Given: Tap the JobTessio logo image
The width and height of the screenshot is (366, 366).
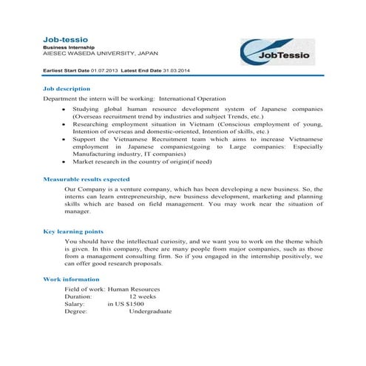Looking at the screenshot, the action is (281, 52).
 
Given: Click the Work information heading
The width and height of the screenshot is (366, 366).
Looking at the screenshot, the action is (72, 279).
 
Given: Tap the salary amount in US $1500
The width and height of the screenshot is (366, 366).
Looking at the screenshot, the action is (125, 303).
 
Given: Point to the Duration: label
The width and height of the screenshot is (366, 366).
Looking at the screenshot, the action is (78, 295).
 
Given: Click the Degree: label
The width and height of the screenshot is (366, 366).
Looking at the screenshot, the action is (76, 311).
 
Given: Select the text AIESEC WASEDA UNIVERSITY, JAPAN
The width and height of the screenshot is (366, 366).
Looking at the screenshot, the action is (100, 53).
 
